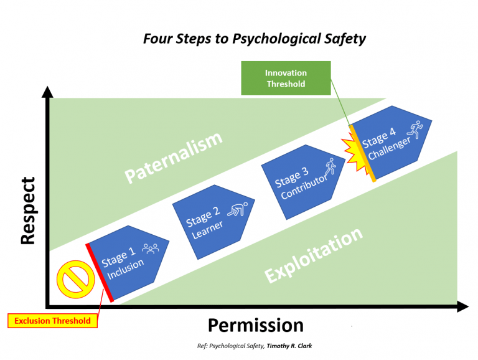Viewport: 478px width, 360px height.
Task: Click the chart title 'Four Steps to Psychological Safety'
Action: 255,39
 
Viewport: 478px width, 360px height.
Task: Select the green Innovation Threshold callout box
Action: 285,78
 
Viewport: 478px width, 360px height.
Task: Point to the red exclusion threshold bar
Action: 100,273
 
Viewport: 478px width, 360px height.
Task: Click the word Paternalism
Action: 174,158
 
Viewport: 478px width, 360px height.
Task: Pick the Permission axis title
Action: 255,325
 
